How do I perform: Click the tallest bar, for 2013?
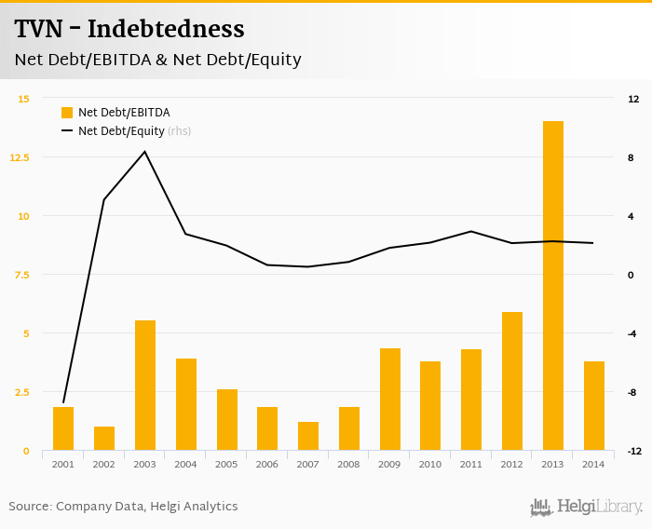click(x=553, y=286)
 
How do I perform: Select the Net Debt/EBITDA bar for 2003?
click(x=145, y=386)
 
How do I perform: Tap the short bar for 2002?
click(x=104, y=439)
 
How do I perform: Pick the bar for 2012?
click(x=512, y=381)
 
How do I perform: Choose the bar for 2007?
click(x=308, y=436)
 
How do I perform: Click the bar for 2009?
click(x=390, y=400)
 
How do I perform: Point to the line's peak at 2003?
click(x=144, y=152)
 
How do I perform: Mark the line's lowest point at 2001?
click(x=63, y=402)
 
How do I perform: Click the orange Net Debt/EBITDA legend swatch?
click(x=67, y=113)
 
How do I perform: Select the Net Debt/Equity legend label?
click(x=121, y=131)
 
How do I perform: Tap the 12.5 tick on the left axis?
click(x=19, y=157)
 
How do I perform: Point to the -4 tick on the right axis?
click(x=632, y=333)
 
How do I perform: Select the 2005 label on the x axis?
click(x=226, y=464)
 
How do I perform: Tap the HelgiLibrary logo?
click(x=586, y=507)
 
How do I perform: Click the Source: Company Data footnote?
click(x=123, y=507)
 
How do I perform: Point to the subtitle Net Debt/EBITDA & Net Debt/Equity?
click(x=157, y=60)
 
